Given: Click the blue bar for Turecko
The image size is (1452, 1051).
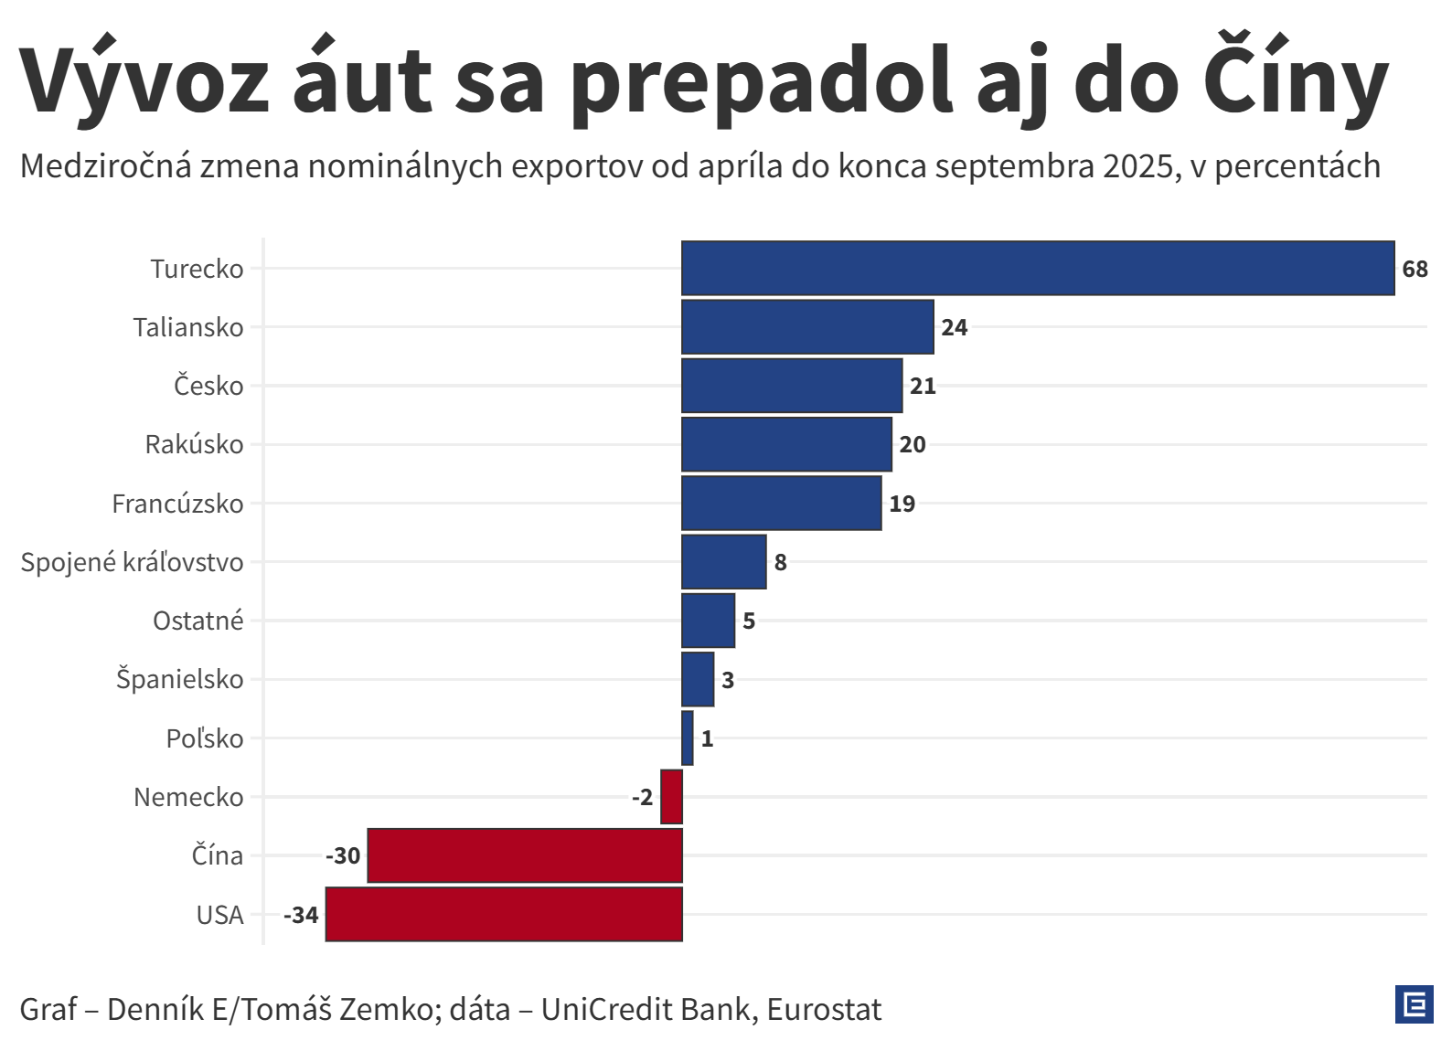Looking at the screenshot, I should [1038, 269].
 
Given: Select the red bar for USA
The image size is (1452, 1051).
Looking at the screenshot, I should [504, 914].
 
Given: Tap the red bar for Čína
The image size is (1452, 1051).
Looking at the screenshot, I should [525, 855].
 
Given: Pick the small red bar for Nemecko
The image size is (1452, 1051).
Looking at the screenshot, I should [671, 797].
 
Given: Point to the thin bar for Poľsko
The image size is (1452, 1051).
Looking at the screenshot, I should [688, 738].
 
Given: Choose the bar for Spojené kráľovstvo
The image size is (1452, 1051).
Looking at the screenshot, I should [724, 562].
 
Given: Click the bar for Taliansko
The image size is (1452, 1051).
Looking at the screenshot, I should [807, 327].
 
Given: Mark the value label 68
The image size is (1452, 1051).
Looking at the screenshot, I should [1415, 270].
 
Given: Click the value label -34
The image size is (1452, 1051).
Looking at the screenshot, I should [301, 915].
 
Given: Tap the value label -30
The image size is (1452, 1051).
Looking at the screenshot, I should [343, 856].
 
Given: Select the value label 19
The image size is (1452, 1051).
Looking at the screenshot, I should [902, 504].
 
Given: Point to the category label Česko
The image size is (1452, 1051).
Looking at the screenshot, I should [208, 386].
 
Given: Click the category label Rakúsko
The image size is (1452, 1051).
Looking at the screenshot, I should [194, 445].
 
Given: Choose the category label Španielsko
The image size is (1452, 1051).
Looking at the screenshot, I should [179, 680].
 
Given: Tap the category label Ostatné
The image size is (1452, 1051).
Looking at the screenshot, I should [198, 621].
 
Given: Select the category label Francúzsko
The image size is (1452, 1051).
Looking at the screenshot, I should [177, 504].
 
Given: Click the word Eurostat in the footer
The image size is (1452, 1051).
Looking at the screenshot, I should [824, 1009].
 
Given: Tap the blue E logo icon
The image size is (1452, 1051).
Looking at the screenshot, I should [1414, 1004].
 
